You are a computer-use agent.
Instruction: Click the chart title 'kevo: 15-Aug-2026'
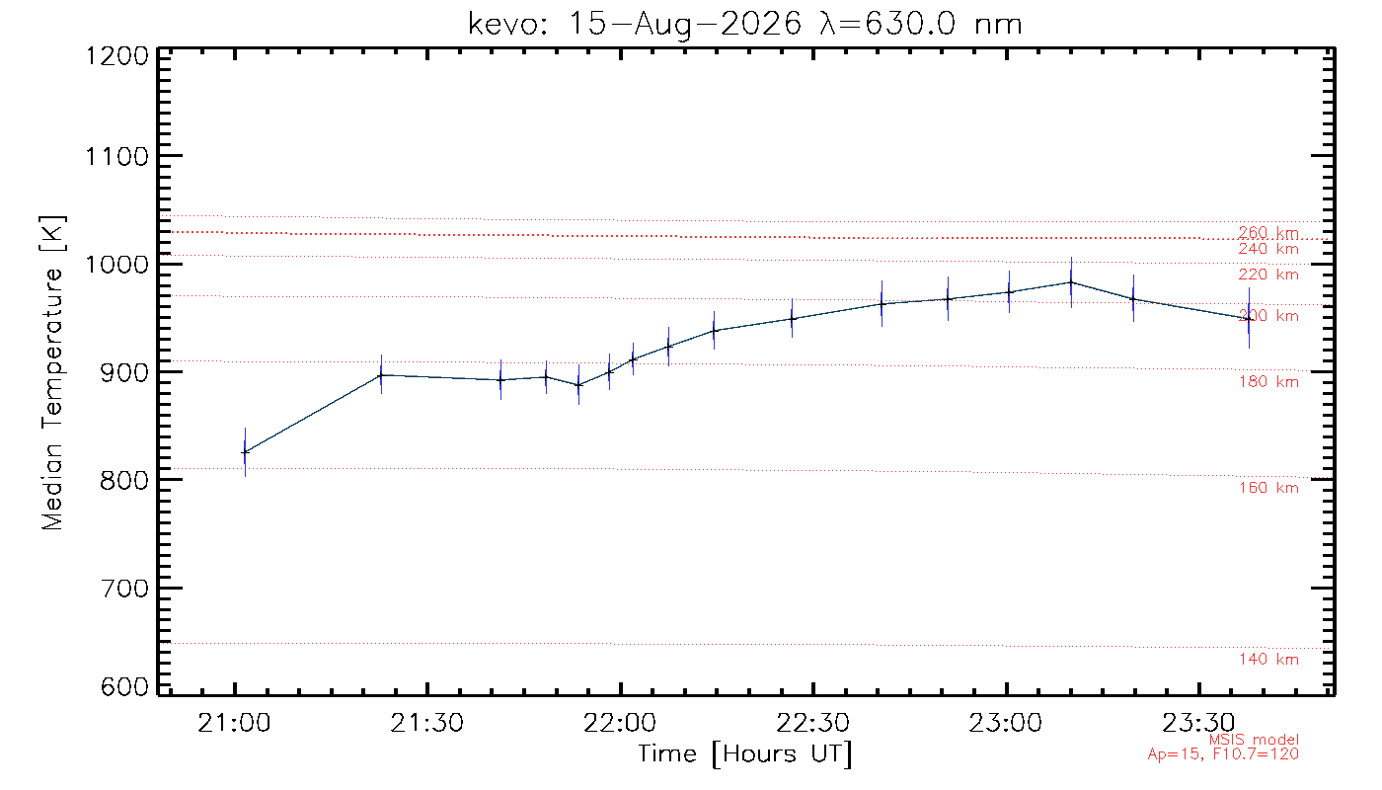(x=635, y=25)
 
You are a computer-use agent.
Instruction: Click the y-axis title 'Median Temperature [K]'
(x=53, y=373)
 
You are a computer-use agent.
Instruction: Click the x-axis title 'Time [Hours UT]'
(x=744, y=754)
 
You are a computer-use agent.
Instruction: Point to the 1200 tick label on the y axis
(x=116, y=56)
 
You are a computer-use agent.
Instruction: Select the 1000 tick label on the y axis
(x=116, y=265)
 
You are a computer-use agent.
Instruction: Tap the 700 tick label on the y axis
(x=124, y=589)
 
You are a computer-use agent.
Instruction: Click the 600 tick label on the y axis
(x=124, y=686)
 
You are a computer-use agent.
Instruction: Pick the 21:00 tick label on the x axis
(x=234, y=723)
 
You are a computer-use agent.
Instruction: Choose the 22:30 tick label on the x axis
(x=812, y=723)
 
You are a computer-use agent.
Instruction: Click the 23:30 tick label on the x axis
(x=1198, y=723)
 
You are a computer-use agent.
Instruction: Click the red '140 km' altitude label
(x=1268, y=660)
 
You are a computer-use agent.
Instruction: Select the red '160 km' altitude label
(x=1268, y=488)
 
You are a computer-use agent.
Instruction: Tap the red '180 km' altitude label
(x=1268, y=381)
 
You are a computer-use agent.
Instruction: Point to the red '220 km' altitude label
(x=1268, y=275)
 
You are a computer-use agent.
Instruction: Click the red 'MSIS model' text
(x=1254, y=740)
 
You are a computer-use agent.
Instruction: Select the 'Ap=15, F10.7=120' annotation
(x=1223, y=753)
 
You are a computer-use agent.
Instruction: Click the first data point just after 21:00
(x=245, y=452)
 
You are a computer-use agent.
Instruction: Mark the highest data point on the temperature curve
(x=1071, y=282)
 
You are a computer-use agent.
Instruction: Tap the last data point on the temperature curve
(x=1249, y=318)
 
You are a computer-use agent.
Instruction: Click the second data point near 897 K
(x=381, y=374)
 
